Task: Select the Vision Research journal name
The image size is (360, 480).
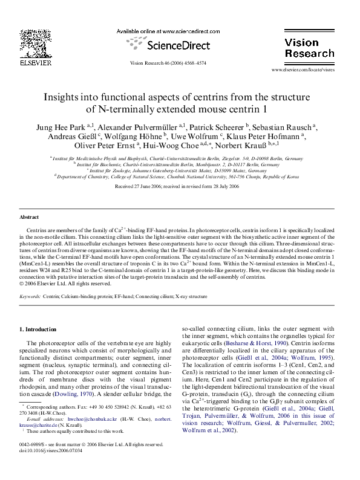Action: [x=309, y=48]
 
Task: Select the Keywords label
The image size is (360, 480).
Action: [x=30, y=297]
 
